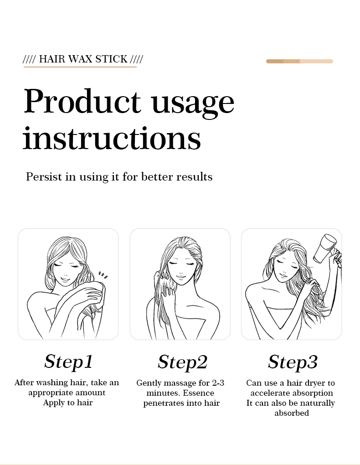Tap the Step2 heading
(182, 362)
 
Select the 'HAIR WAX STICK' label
(83, 59)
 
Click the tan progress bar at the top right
(299, 61)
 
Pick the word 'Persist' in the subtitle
(44, 176)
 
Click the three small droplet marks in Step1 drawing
(103, 275)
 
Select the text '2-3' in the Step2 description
(218, 383)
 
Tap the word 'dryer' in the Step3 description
(315, 383)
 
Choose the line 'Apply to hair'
(68, 403)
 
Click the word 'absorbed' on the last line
(292, 413)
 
